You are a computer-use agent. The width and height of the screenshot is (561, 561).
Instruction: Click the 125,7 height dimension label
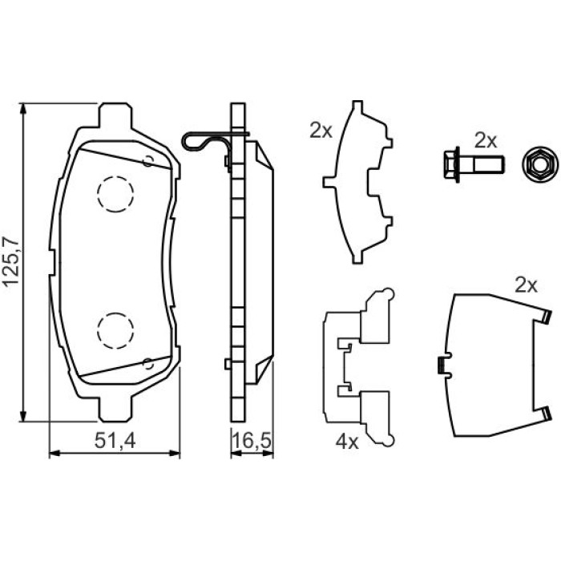click(x=10, y=260)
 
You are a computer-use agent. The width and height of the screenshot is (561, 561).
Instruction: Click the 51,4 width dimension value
click(x=115, y=441)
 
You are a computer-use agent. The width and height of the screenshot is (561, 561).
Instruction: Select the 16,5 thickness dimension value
click(x=252, y=441)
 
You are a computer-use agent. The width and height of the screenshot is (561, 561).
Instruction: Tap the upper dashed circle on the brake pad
click(x=115, y=194)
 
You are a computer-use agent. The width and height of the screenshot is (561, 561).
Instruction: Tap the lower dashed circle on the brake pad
click(x=115, y=330)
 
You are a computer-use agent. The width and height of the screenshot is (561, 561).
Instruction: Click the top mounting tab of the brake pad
click(x=115, y=115)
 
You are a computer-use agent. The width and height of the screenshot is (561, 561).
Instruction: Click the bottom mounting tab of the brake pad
click(x=115, y=409)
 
